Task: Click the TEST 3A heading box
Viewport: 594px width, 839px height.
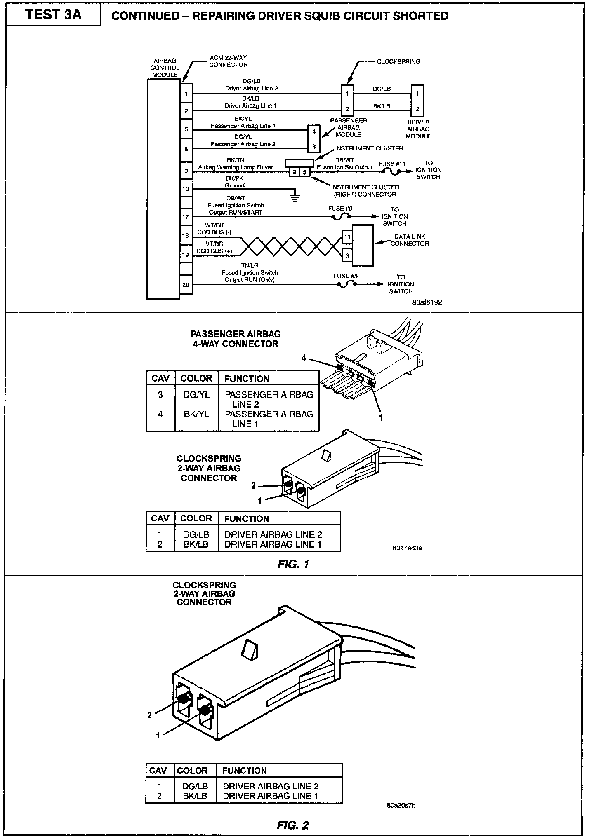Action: (53, 15)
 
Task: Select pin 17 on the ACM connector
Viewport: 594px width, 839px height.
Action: (186, 216)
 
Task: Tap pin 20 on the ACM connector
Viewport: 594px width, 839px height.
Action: (186, 284)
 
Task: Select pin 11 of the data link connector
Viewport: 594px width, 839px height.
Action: (347, 237)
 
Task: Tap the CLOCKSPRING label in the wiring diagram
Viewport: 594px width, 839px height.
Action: (398, 62)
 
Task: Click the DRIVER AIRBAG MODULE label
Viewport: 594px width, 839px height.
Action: (418, 129)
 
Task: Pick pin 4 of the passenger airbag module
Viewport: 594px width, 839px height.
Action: (314, 132)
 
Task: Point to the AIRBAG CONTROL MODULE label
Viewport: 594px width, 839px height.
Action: (165, 68)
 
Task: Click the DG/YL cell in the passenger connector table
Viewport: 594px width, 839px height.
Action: (196, 395)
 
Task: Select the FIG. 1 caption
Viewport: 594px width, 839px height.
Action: (293, 564)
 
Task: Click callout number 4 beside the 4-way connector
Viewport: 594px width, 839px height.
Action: (304, 358)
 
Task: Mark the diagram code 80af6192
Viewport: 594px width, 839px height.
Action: (427, 302)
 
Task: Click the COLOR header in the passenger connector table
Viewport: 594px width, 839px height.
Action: (196, 378)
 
